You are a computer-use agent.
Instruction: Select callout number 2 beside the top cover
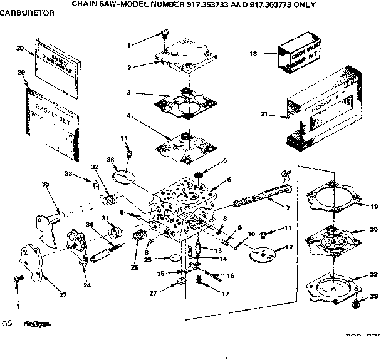click(128, 67)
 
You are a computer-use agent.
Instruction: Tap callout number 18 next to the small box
click(254, 54)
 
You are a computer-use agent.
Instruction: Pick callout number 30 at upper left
click(19, 48)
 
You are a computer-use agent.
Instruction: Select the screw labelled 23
click(355, 305)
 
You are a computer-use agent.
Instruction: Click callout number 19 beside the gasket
click(374, 206)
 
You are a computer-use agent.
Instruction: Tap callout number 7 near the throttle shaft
click(288, 207)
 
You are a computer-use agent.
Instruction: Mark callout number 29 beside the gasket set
click(21, 73)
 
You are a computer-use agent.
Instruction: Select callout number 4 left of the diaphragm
click(128, 116)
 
